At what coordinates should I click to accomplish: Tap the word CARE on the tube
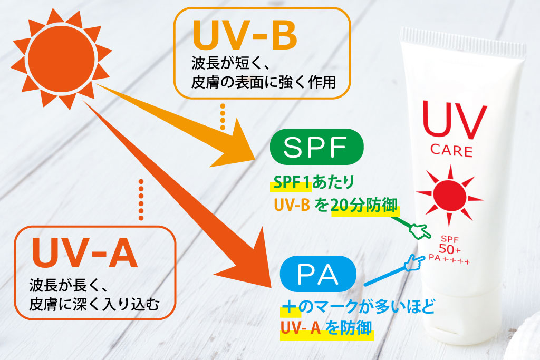[x=452, y=151]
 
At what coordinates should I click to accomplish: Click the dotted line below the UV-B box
[x=223, y=117]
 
